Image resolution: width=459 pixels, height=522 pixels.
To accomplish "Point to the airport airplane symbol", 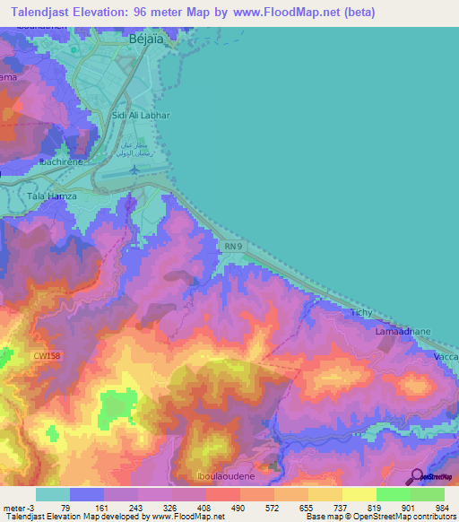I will pos(134,169).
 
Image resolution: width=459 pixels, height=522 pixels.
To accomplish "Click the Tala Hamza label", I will pos(52,196).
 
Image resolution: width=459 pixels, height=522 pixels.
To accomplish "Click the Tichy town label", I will pos(360,312).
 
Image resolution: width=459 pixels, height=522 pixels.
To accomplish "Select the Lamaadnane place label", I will pos(403,331).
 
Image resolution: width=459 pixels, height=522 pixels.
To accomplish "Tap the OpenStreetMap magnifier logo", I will pos(417,476).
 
